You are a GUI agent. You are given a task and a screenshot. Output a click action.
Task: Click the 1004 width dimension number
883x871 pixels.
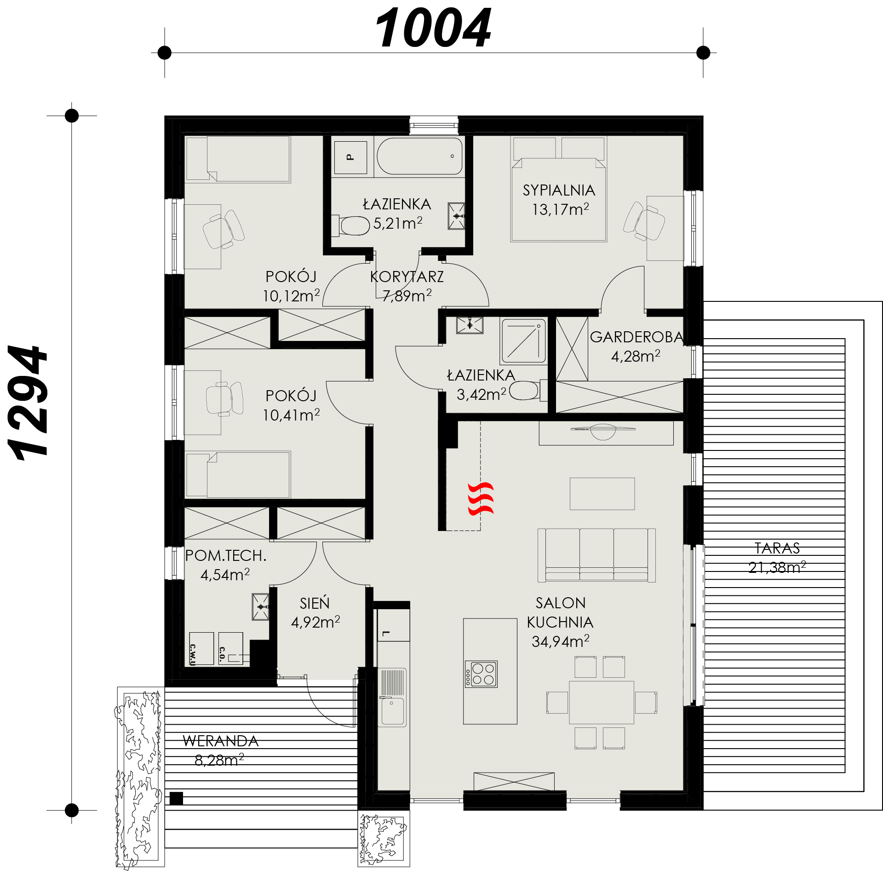click(433, 29)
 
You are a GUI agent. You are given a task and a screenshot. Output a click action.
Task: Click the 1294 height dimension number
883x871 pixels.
click(28, 403)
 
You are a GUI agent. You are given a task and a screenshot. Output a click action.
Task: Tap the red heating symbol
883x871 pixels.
click(481, 499)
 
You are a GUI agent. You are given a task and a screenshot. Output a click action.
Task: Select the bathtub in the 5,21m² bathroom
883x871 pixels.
click(419, 156)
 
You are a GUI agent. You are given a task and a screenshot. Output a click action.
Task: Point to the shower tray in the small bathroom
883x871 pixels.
click(524, 341)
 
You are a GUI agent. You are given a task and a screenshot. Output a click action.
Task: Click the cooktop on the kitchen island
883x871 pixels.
click(481, 674)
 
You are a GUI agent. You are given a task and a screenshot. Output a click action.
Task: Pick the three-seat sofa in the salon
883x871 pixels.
click(596, 555)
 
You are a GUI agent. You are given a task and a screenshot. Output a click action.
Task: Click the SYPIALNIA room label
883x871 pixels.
click(559, 190)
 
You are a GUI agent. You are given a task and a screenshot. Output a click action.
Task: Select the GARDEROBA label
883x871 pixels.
click(637, 337)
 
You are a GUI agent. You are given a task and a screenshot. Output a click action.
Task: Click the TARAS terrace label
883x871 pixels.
click(777, 548)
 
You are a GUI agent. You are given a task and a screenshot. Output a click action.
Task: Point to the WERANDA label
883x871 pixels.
click(221, 741)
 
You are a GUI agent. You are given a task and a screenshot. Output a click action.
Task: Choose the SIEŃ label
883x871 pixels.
click(315, 603)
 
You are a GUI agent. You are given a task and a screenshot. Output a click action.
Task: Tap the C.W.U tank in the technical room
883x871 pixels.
click(201, 649)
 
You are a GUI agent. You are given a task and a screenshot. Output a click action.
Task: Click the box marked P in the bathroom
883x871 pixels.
click(350, 157)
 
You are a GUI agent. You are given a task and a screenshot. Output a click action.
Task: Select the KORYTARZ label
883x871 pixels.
click(407, 277)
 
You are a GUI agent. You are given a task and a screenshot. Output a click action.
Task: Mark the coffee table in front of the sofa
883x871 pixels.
click(602, 494)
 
